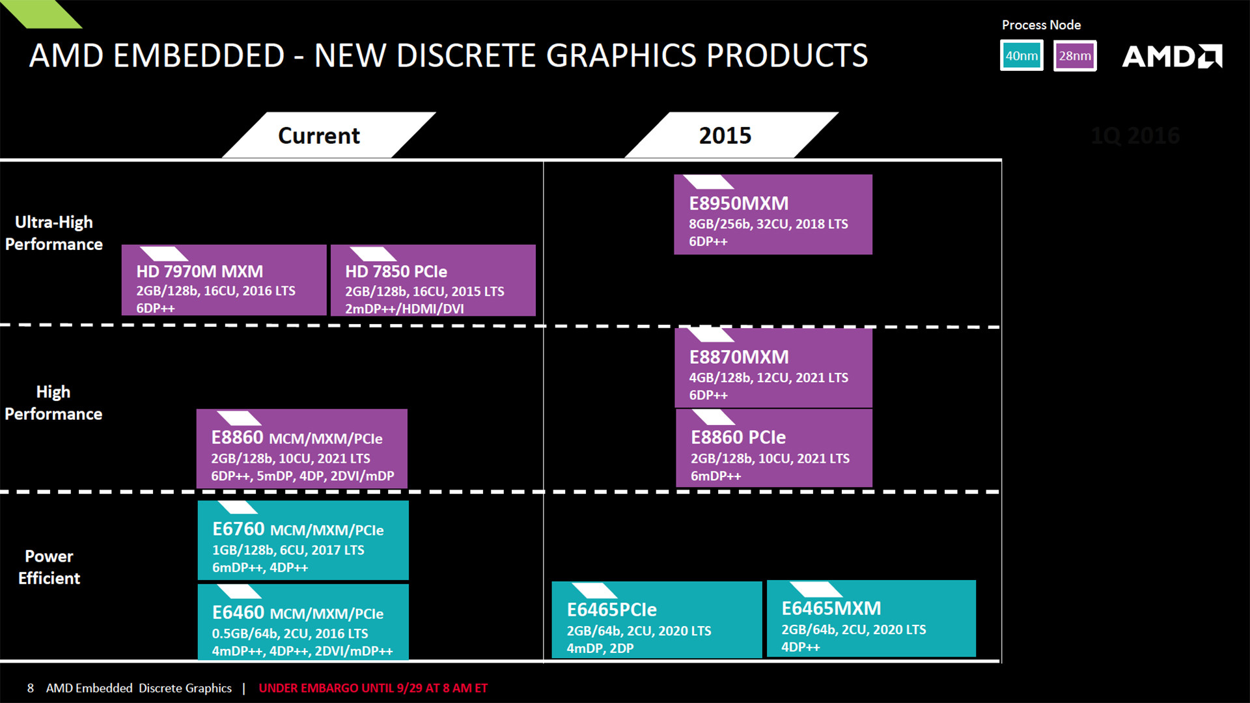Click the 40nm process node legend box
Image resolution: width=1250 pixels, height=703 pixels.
1021,56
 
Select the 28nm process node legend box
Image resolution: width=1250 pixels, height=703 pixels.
1075,56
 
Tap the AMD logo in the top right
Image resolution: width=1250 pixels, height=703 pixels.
1172,57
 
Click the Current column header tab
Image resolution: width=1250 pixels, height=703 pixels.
318,135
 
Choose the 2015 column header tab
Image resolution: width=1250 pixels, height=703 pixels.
725,135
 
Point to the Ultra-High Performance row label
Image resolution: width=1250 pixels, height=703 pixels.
53,233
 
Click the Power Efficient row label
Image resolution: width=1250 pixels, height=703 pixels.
49,567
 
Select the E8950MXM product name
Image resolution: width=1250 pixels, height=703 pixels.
738,203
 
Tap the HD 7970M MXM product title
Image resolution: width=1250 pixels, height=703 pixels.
199,271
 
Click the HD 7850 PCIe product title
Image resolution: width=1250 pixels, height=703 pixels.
396,271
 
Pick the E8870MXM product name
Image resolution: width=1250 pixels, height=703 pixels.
738,357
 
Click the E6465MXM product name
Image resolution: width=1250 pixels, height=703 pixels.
831,608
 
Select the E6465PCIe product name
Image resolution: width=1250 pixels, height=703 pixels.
611,610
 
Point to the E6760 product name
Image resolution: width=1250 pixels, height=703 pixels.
238,529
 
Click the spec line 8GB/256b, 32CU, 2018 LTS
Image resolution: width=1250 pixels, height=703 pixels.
768,224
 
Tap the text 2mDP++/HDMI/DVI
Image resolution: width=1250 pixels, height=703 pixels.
404,309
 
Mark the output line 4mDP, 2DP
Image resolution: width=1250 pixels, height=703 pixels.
600,648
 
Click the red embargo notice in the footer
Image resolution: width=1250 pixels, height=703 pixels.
373,688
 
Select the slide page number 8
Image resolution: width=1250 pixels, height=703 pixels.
30,688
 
